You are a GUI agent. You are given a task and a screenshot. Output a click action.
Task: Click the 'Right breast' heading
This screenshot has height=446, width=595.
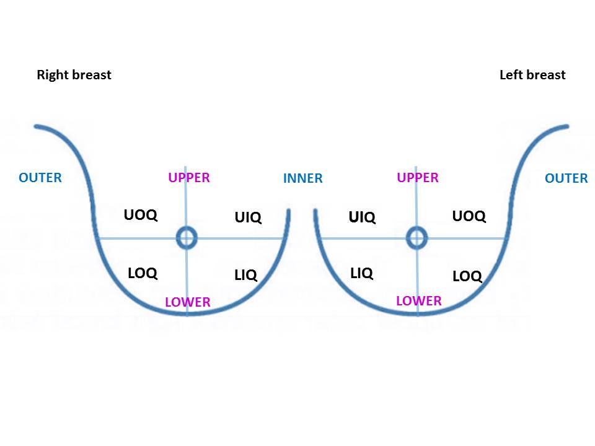pos(74,75)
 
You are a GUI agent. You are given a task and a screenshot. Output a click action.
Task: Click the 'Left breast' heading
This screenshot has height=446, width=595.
pos(532,75)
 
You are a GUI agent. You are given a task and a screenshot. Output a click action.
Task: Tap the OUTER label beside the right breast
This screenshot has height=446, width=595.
pos(40,178)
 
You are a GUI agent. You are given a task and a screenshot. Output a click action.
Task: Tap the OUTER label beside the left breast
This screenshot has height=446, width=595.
pos(566,178)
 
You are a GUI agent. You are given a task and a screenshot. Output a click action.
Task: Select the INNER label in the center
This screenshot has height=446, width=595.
pos(302,178)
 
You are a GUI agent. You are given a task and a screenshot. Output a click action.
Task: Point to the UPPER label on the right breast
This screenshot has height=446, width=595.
pos(189,178)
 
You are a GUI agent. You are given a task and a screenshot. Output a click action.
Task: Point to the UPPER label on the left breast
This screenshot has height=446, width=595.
pos(418,178)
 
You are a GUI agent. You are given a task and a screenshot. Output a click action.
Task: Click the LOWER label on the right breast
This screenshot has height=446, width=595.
pos(188,302)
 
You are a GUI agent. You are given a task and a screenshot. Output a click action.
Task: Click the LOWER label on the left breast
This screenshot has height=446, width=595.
pos(419,301)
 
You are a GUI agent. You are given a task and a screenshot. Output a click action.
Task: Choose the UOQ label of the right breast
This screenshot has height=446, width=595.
pos(141,215)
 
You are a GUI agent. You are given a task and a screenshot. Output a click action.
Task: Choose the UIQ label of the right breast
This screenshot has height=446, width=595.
pos(248,217)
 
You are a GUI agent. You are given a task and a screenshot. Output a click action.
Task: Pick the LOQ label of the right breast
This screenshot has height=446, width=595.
pos(143,273)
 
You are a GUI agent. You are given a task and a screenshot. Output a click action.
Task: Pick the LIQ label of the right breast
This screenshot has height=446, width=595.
pos(246,275)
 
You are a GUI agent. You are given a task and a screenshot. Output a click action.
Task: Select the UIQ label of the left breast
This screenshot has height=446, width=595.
pos(362,217)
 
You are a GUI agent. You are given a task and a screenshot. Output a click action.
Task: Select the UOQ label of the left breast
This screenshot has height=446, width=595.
pos(469,216)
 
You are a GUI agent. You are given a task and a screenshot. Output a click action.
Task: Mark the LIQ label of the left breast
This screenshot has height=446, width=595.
pos(362,273)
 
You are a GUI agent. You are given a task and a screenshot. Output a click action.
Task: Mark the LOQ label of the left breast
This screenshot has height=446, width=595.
pos(467,276)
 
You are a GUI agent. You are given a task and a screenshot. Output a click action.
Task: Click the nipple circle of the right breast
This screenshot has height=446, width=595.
pos(187,237)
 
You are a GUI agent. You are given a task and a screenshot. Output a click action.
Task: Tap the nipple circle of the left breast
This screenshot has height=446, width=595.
pos(417,237)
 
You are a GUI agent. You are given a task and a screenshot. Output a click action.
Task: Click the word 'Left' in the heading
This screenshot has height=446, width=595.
pos(511,75)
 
